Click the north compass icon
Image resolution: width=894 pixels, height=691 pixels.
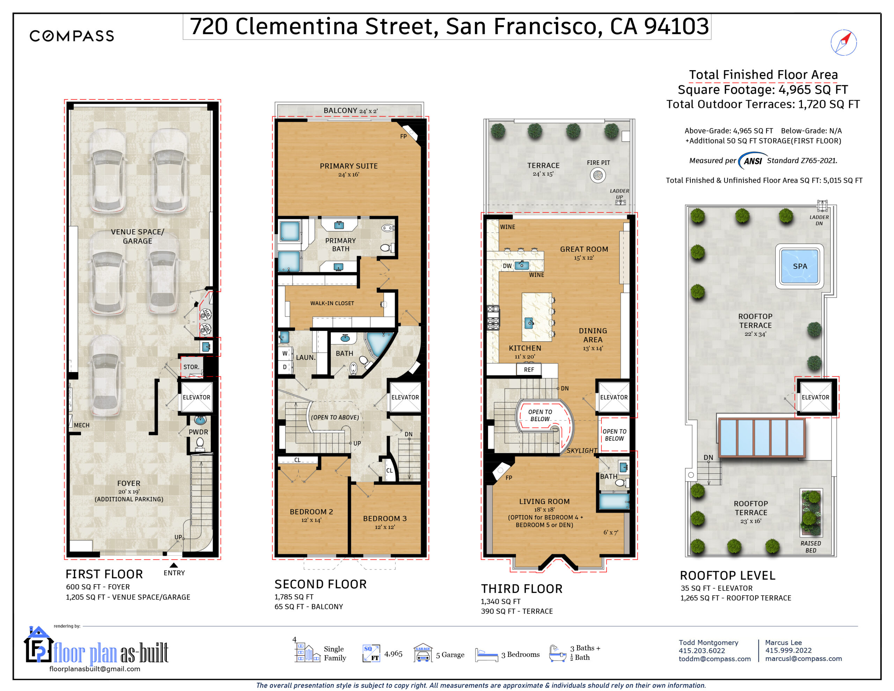click(x=844, y=42)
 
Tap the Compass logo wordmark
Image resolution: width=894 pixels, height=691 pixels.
click(x=72, y=36)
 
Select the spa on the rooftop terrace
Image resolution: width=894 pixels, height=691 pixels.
click(x=799, y=266)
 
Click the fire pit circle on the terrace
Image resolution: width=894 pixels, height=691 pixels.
click(x=598, y=175)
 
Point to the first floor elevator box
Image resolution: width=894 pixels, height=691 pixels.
click(x=197, y=397)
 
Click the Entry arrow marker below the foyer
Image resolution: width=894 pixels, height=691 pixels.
click(x=174, y=565)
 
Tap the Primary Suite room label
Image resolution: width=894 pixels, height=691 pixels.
click(x=349, y=166)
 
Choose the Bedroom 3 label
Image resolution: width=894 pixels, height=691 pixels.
click(x=385, y=518)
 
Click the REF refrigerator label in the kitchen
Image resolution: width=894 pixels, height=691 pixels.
click(x=529, y=370)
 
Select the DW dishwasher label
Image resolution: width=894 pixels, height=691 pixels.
click(x=507, y=266)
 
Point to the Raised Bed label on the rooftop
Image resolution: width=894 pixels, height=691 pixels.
click(x=811, y=547)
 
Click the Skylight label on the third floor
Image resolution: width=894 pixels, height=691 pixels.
click(x=582, y=451)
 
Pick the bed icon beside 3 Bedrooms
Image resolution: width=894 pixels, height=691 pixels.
click(x=486, y=655)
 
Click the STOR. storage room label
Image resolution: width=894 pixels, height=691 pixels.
click(x=191, y=367)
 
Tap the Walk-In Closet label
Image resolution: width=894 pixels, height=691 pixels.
click(x=332, y=303)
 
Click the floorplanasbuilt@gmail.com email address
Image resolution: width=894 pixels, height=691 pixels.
click(x=95, y=669)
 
